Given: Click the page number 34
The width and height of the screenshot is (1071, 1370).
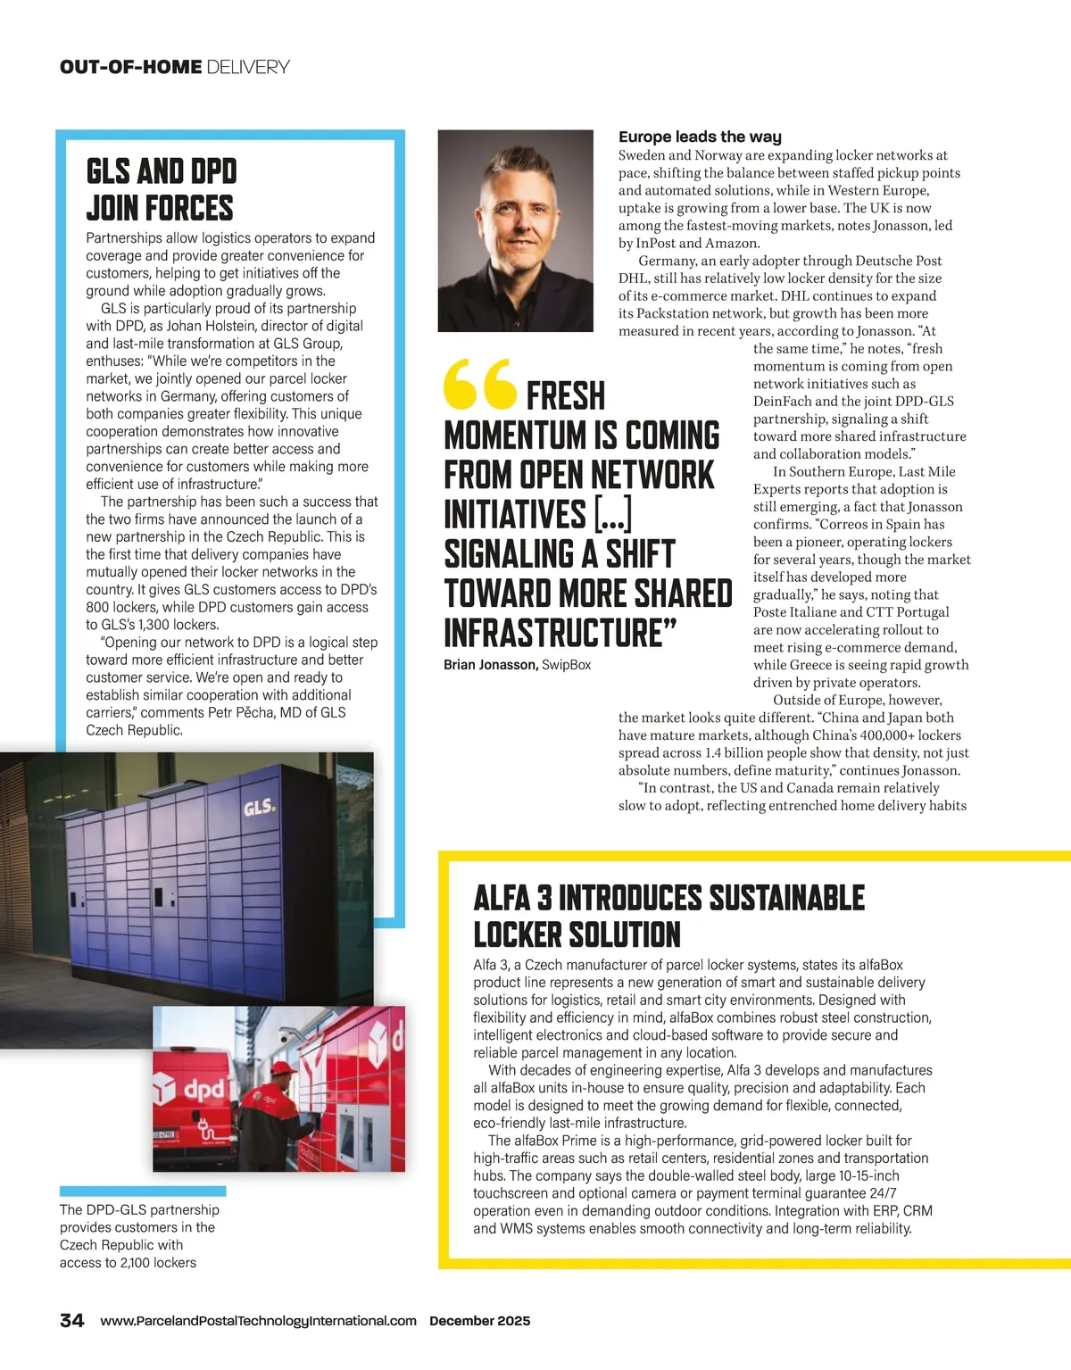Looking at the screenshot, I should pyautogui.click(x=71, y=1321).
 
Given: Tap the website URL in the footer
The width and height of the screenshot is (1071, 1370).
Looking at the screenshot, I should pyautogui.click(x=258, y=1321).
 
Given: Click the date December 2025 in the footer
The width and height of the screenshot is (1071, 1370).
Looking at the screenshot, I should pyautogui.click(x=479, y=1321).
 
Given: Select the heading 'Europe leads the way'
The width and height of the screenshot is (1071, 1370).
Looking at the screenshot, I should pyautogui.click(x=700, y=137).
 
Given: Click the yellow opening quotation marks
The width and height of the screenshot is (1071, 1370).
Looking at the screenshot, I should pyautogui.click(x=479, y=383).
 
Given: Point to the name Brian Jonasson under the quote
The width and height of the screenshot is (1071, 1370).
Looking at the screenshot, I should pyautogui.click(x=490, y=665).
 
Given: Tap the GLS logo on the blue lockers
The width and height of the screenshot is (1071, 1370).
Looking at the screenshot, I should pyautogui.click(x=259, y=809).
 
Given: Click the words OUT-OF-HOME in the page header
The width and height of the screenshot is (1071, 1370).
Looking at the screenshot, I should pyautogui.click(x=130, y=67).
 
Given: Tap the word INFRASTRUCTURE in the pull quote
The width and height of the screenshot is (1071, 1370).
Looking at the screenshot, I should pyautogui.click(x=553, y=632).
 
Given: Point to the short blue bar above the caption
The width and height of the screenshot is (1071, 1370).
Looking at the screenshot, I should pyautogui.click(x=143, y=1191).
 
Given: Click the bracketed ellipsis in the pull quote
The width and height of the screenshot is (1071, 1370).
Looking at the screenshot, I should pyautogui.click(x=613, y=514).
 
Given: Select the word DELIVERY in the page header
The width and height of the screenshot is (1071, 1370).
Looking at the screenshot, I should pyautogui.click(x=247, y=67).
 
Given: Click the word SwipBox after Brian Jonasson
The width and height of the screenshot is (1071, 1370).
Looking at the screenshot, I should pyautogui.click(x=567, y=665).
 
